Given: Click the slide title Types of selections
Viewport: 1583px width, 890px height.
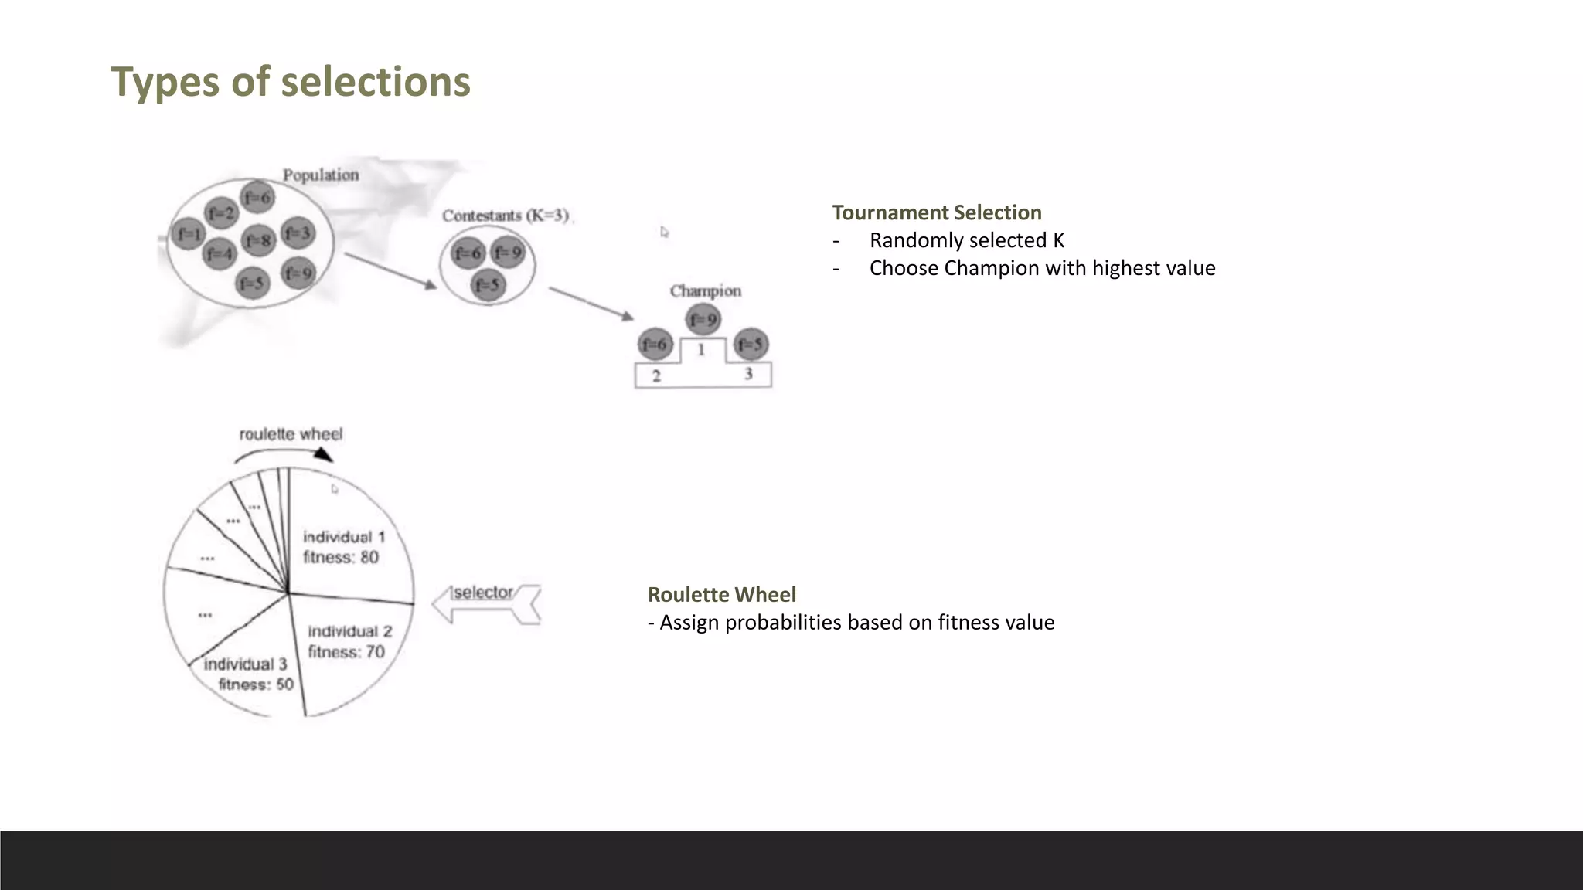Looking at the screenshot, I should [291, 82].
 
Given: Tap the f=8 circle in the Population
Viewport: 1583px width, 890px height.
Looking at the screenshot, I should [258, 241].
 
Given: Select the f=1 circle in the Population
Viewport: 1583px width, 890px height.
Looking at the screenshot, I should [188, 233].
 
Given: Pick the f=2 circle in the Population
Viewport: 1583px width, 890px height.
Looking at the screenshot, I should [220, 212].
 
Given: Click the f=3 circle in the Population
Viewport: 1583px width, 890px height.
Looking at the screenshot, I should [298, 233].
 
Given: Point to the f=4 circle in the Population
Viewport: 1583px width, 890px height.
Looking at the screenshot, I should [220, 253].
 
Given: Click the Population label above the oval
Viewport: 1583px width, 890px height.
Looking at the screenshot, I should [321, 175].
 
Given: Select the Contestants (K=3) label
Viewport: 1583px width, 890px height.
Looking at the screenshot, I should [506, 216].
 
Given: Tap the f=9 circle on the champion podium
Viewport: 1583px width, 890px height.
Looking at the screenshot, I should [703, 319].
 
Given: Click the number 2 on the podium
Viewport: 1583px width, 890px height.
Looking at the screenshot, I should [656, 376].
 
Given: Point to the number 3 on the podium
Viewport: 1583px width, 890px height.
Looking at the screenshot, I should [748, 374].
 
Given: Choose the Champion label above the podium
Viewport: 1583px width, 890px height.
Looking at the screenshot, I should [705, 291].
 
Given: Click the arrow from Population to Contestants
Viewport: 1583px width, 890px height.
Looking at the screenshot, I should [390, 270].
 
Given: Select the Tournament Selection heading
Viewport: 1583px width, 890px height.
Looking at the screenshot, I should [937, 212].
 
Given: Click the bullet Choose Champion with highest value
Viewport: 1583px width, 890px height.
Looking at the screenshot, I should [1042, 268].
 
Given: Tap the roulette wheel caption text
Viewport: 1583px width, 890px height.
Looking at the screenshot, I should [291, 434].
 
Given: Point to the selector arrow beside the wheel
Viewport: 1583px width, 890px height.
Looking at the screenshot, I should [485, 603].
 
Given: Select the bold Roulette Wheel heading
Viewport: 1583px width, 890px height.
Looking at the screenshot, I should [721, 594].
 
